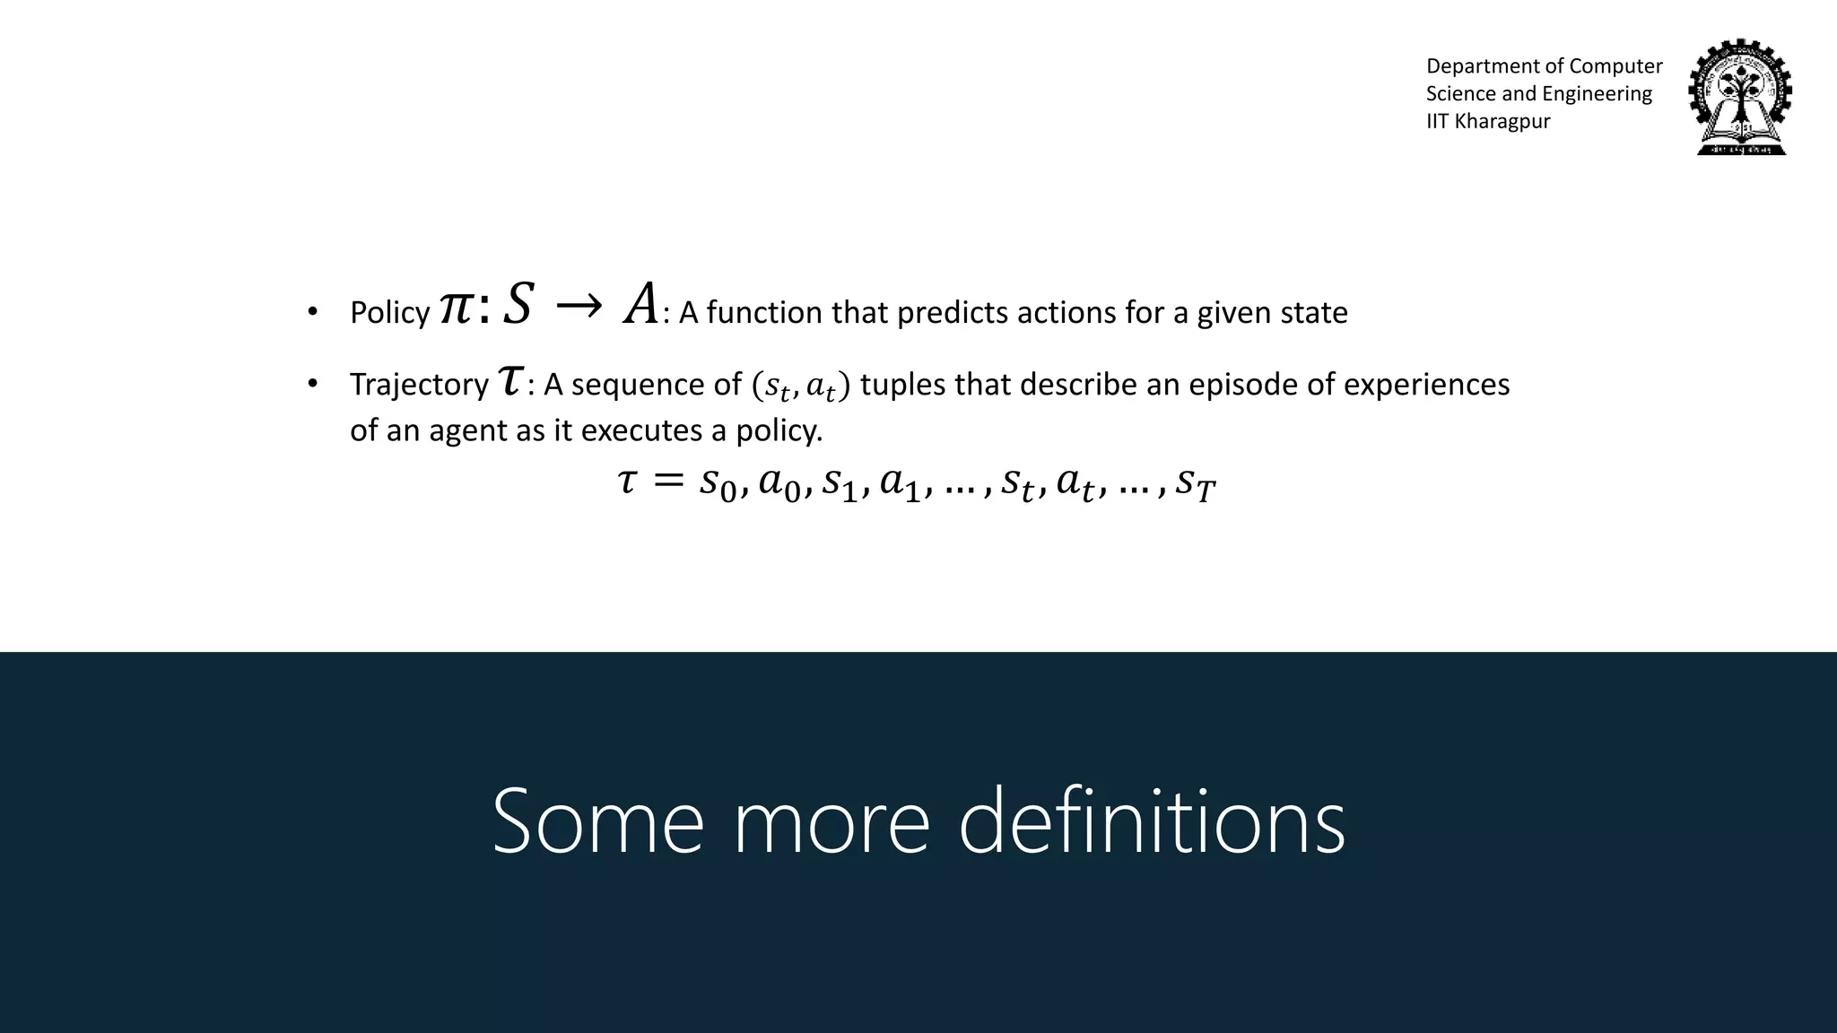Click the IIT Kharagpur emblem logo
[x=1739, y=98]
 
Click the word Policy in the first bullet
[x=389, y=313]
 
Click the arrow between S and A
[x=579, y=308]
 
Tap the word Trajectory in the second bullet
[x=419, y=385]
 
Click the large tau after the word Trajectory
[x=509, y=380]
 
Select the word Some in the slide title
[x=597, y=821]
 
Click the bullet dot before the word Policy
[x=312, y=313]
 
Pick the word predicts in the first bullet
[x=953, y=313]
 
